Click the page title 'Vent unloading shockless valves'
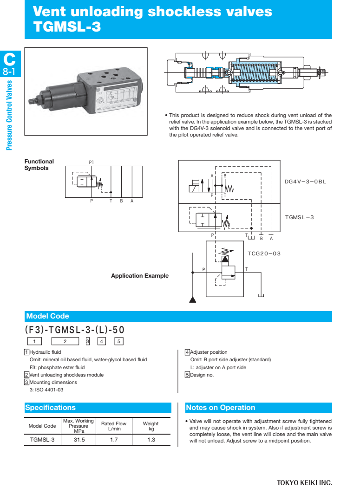[153, 12]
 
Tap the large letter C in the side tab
[9, 59]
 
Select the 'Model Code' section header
[47, 316]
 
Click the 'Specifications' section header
[50, 408]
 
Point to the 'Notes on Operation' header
[220, 408]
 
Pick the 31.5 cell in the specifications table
[79, 440]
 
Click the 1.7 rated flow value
[114, 440]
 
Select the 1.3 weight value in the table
[151, 440]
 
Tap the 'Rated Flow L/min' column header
[114, 425]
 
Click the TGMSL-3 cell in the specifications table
[42, 440]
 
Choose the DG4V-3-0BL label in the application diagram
[305, 182]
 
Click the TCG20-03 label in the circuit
[264, 254]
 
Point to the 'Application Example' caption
[139, 276]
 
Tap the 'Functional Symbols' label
[39, 165]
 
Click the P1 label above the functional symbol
[92, 162]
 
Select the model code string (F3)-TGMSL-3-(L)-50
[74, 330]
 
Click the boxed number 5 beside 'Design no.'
[187, 375]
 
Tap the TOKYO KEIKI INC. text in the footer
[304, 482]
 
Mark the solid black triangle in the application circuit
[193, 299]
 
